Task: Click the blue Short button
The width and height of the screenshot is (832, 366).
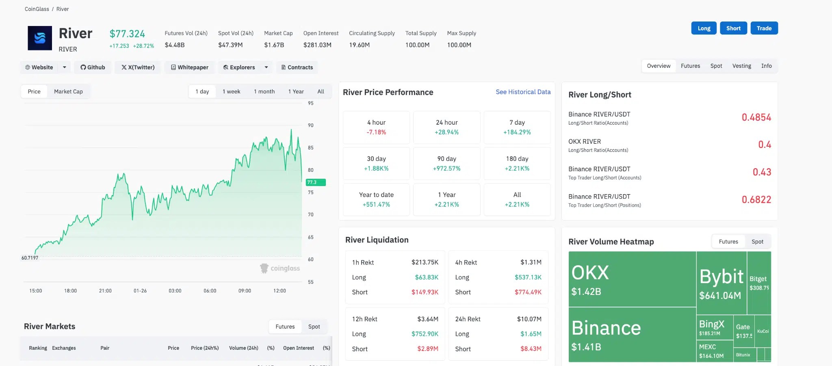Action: click(733, 28)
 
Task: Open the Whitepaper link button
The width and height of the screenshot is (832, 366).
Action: click(190, 67)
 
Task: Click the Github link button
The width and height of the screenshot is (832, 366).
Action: click(93, 67)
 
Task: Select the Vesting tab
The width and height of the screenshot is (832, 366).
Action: click(741, 66)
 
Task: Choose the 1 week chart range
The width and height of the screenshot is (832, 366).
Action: click(231, 91)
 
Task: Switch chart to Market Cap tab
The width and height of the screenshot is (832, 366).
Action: click(68, 91)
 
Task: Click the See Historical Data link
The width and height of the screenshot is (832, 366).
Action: click(523, 92)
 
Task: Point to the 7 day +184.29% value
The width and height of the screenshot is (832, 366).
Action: click(517, 132)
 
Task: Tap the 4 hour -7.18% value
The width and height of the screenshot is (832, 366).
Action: click(376, 132)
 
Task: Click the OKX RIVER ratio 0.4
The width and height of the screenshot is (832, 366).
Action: click(765, 145)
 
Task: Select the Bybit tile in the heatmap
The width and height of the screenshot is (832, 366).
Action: click(721, 283)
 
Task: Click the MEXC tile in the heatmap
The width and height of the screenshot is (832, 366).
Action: click(715, 351)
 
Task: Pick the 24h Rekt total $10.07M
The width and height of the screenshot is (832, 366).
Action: click(529, 319)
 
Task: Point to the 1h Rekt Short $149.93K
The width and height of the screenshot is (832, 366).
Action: click(425, 292)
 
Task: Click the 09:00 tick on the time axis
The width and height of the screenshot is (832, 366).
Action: click(245, 291)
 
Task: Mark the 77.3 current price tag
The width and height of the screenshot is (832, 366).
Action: click(316, 182)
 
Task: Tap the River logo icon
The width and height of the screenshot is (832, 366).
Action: click(40, 38)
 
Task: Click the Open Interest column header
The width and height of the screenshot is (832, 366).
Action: click(298, 348)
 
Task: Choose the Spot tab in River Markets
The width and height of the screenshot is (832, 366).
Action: click(314, 327)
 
